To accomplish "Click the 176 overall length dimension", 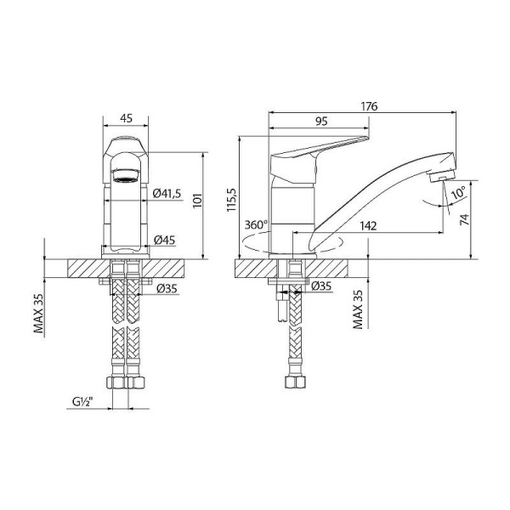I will (x=368, y=105).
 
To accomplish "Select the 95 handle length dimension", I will (x=320, y=122).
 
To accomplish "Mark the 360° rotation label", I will (x=255, y=225).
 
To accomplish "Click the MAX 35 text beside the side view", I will (x=358, y=309).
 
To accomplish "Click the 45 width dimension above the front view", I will (x=126, y=119).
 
